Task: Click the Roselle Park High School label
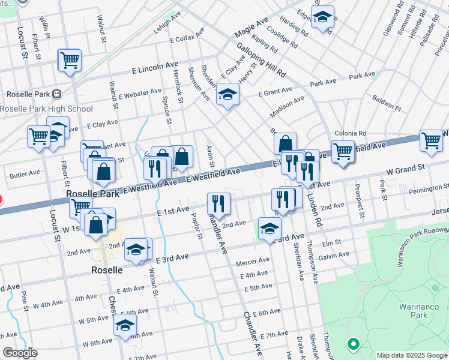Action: [47, 109]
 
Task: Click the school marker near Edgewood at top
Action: [323, 18]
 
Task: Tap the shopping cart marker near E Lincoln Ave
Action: [70, 61]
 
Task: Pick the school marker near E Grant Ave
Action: [228, 95]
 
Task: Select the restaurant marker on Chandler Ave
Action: [218, 204]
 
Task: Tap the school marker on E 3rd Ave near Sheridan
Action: [270, 229]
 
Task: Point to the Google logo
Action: [20, 353]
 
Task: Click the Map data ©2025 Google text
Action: [411, 355]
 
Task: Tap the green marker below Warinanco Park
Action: [353, 344]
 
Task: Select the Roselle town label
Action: [107, 270]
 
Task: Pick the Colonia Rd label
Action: [351, 133]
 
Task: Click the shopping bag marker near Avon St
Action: [182, 158]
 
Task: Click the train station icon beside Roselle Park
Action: [57, 94]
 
